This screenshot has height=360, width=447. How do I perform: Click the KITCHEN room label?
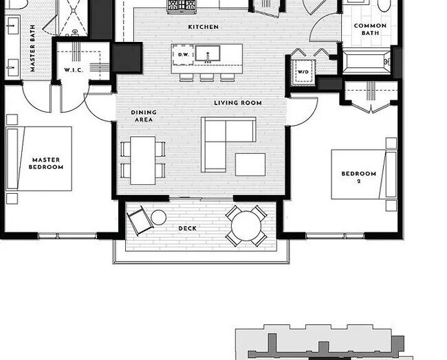[204, 27]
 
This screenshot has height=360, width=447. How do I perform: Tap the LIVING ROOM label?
[238, 102]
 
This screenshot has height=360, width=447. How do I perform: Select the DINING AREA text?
[144, 116]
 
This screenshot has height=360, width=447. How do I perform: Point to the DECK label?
[187, 228]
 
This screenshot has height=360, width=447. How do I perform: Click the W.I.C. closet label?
[74, 70]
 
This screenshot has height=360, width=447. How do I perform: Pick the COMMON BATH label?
[370, 30]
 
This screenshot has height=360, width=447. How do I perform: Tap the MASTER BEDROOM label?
[46, 164]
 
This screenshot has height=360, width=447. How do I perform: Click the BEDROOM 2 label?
[358, 177]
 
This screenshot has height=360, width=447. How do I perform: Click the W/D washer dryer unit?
[303, 71]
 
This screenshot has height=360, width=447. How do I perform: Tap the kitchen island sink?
[208, 54]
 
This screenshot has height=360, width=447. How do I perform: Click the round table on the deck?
[246, 226]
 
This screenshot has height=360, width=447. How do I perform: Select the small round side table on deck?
[158, 218]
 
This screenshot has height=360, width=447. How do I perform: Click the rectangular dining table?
[143, 160]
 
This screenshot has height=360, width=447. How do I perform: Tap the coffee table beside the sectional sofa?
[250, 164]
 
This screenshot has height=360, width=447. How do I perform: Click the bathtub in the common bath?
[366, 62]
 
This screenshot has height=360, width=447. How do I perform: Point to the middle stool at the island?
[207, 77]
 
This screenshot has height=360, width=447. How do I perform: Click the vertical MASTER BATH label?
[32, 48]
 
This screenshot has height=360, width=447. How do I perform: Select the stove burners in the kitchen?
[182, 5]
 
